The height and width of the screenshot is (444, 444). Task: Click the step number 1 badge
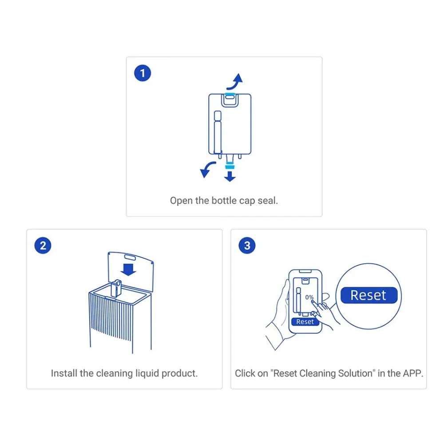(143, 73)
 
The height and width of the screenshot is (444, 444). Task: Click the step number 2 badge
(43, 246)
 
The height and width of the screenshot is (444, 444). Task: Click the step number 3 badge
(247, 246)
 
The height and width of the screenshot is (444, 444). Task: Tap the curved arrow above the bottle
(234, 83)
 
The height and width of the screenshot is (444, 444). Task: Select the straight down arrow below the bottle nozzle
(230, 176)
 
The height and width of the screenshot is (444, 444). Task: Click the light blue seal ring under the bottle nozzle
(230, 165)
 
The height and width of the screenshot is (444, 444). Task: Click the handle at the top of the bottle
(230, 99)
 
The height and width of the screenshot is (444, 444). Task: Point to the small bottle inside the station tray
(116, 289)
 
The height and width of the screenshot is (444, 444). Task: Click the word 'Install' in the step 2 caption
(64, 373)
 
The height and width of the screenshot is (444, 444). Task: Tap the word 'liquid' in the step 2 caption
(147, 373)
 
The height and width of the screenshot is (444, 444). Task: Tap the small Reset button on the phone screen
(305, 322)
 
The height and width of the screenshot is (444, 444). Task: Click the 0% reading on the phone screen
(309, 297)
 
